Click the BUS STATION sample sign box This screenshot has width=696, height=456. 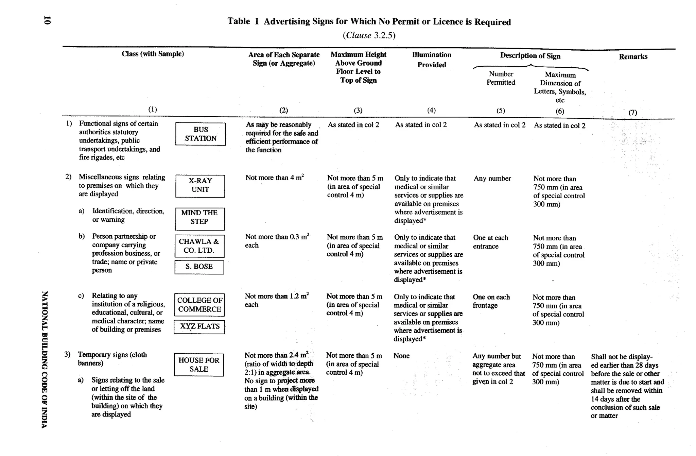click(x=201, y=134)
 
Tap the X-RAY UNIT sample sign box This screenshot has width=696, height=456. click(x=200, y=186)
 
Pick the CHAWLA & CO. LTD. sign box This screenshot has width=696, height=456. click(x=199, y=246)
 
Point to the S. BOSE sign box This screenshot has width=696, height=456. click(x=199, y=267)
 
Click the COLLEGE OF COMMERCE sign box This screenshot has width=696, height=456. click(x=199, y=305)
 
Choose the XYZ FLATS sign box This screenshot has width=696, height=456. click(x=199, y=326)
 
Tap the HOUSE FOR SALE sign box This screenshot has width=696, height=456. click(x=199, y=365)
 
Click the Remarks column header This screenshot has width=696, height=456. click(x=633, y=57)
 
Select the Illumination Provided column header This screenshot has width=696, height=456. click(x=432, y=60)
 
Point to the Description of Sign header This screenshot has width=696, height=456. click(x=530, y=56)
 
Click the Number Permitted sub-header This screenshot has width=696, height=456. click(x=501, y=78)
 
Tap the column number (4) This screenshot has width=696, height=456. click(x=431, y=110)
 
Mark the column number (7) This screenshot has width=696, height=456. click(x=632, y=113)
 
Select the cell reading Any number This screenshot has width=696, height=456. click(x=492, y=179)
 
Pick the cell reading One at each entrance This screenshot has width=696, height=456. click(x=490, y=242)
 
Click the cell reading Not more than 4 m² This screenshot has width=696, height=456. click(x=274, y=178)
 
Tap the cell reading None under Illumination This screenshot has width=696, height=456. click(x=401, y=356)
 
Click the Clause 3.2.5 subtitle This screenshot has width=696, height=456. click(x=369, y=35)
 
